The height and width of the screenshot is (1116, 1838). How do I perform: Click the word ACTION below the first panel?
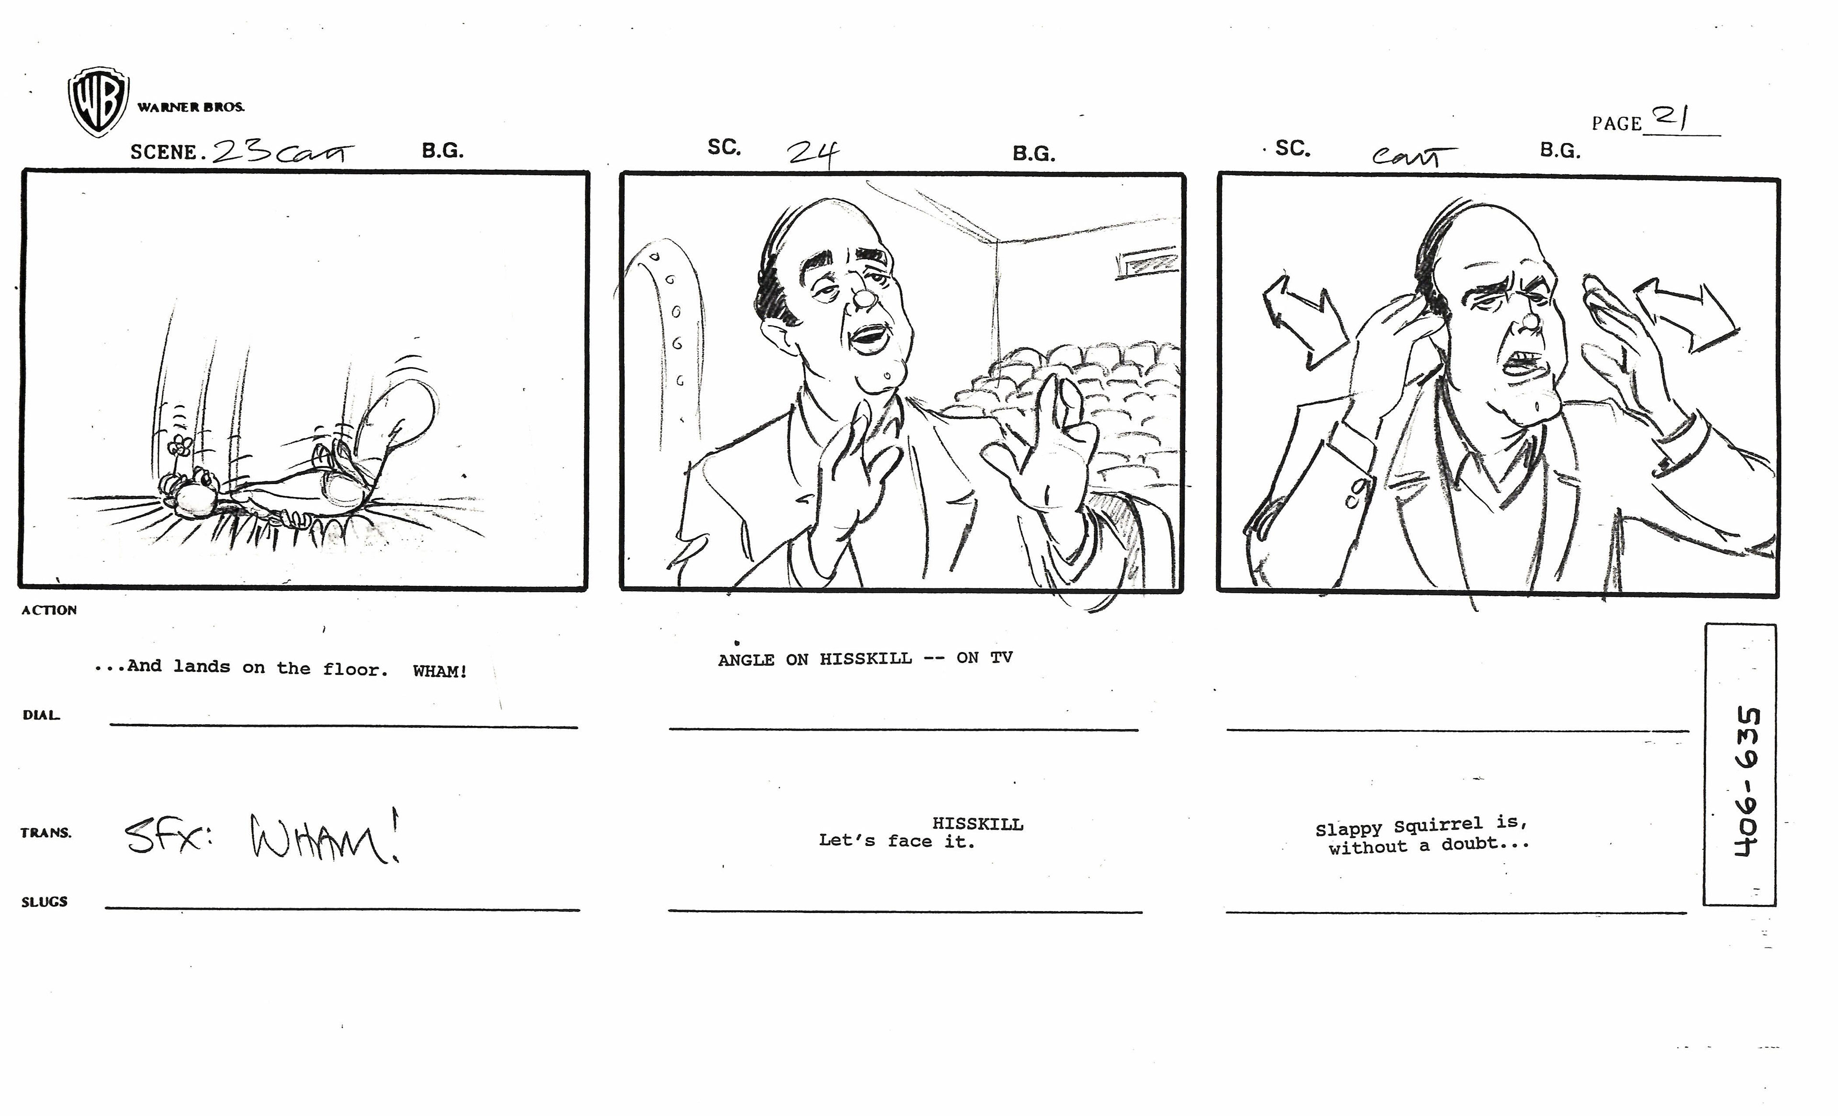[x=49, y=610]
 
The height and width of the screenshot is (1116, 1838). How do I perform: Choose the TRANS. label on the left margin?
[x=46, y=833]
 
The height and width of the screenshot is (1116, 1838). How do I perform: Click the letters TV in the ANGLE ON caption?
[x=1002, y=657]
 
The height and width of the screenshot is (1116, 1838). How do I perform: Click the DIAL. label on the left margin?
[x=41, y=715]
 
